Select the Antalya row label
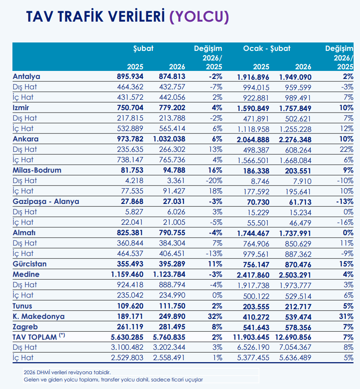(26, 76)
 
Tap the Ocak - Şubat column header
(267, 48)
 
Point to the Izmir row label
(21, 107)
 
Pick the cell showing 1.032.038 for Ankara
(169, 139)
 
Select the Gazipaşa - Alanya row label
(46, 202)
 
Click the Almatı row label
(24, 233)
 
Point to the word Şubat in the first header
(144, 48)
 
